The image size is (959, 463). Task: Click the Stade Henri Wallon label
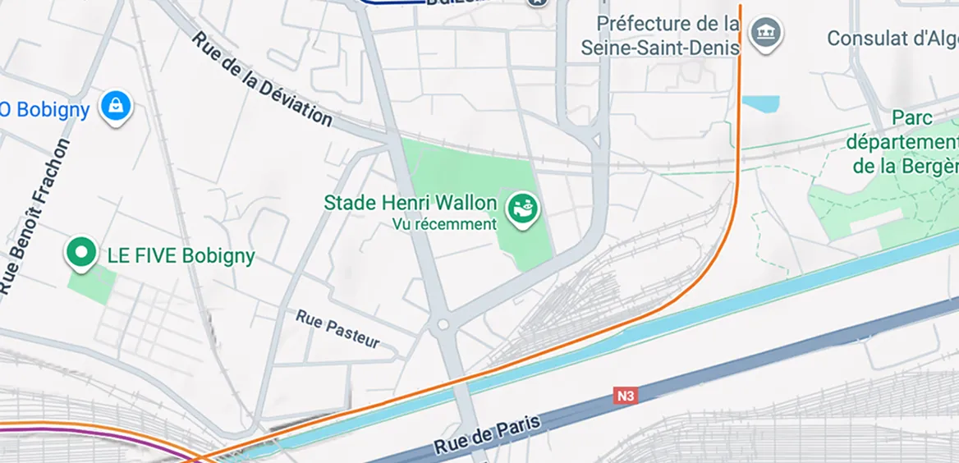[x=411, y=203]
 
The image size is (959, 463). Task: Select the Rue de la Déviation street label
[x=262, y=79]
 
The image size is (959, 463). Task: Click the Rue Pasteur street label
[x=337, y=328]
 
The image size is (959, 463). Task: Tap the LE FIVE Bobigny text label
[x=181, y=255]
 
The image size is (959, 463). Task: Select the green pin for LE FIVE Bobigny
[x=80, y=253]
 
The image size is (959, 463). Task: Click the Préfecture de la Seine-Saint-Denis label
[x=660, y=35]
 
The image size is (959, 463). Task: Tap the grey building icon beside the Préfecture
[x=766, y=33]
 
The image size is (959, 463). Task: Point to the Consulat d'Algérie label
[x=892, y=39]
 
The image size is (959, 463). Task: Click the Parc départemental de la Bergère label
[x=901, y=142]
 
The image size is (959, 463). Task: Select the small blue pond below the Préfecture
[x=760, y=103]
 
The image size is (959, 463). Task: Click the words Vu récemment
[x=444, y=223]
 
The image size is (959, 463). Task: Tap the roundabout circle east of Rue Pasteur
[x=443, y=325]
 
